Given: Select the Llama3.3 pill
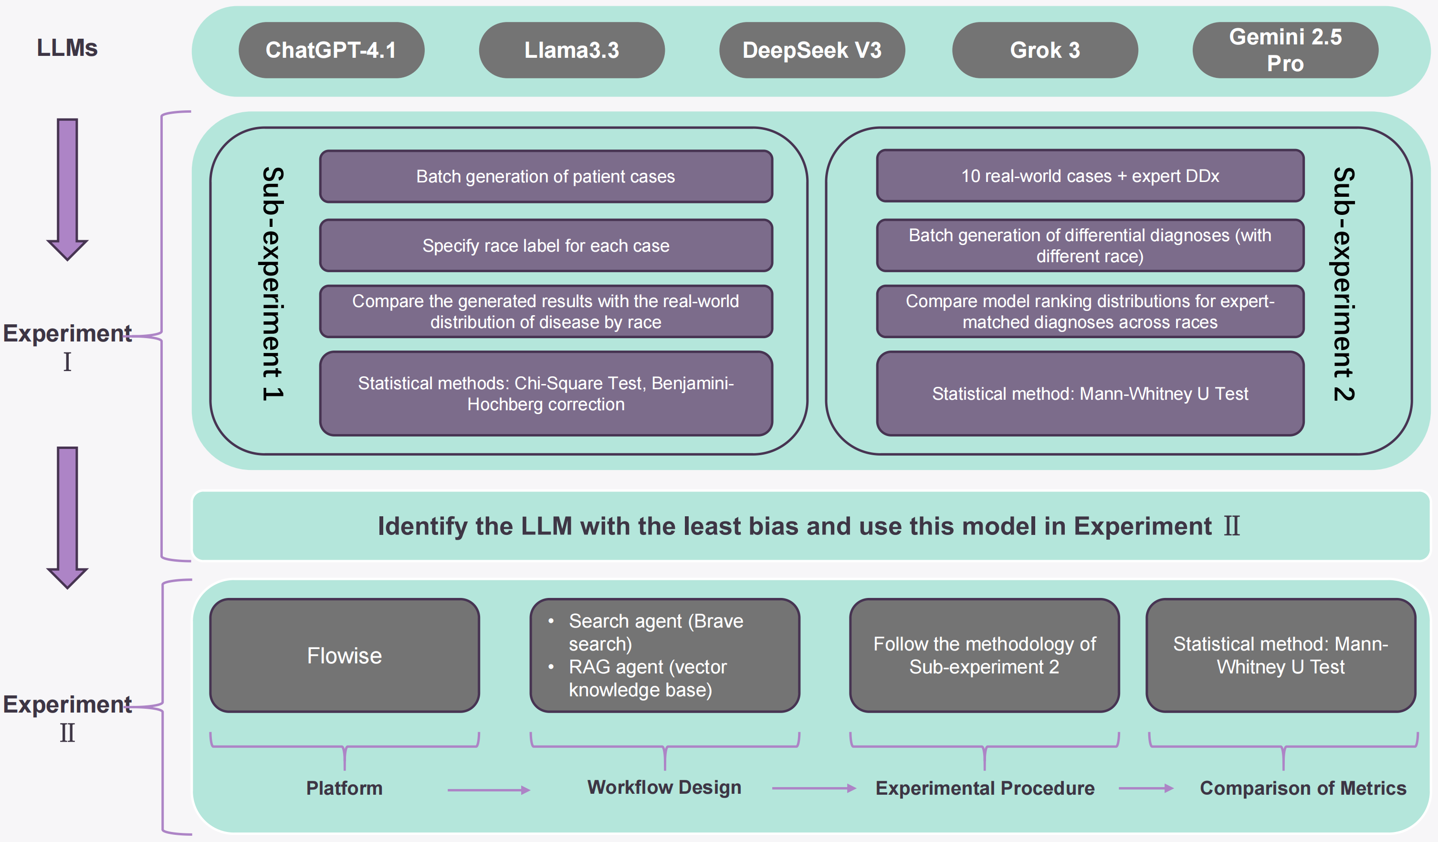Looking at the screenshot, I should coord(571,50).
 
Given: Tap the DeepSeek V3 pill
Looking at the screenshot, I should coord(811,50).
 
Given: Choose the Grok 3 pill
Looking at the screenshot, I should coord(1044,50).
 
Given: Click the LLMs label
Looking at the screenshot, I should coord(67,48).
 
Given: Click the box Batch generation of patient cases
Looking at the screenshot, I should coord(546,176).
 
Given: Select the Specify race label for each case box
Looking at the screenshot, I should coord(546,245).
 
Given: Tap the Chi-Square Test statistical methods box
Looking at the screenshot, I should coord(546,394).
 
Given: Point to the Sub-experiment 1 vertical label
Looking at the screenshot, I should coord(273,284).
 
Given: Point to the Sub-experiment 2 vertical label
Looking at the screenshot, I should coord(1344,284).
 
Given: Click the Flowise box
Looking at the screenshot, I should coord(344,655).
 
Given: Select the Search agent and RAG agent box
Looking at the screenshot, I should coord(664,655).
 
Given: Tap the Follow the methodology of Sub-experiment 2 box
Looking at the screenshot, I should coord(984,655).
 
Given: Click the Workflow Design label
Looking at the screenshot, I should coord(664,787).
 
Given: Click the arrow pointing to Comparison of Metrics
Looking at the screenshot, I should coord(1145,789).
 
